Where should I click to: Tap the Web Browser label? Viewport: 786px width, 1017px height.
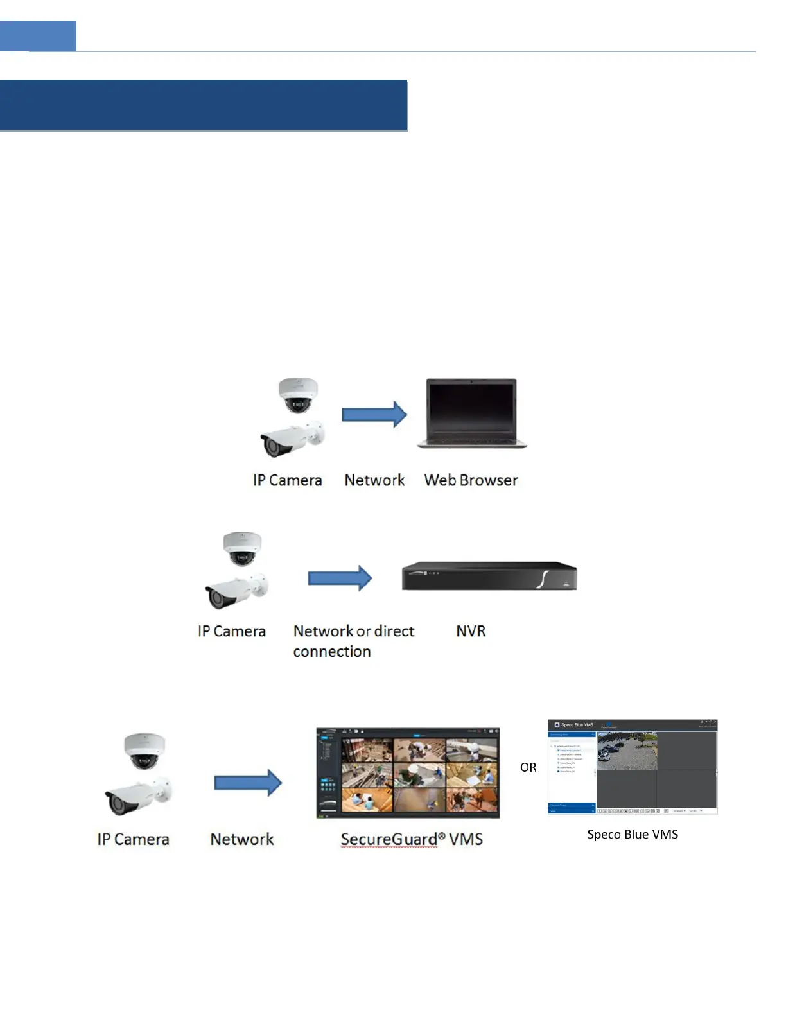coord(471,480)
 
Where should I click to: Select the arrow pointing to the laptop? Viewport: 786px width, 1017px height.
coord(374,415)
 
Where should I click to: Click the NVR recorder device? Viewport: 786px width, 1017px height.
coord(489,576)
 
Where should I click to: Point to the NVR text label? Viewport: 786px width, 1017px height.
coord(471,631)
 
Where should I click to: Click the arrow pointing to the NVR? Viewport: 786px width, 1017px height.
coord(340,578)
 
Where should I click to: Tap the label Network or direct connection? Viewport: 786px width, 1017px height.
coord(353,641)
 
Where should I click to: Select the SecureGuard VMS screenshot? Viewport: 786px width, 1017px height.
coord(408,773)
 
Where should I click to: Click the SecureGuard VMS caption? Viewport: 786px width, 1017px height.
coord(412,839)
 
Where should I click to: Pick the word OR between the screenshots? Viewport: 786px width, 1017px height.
coord(528,767)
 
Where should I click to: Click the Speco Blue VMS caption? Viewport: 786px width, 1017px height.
coord(633,834)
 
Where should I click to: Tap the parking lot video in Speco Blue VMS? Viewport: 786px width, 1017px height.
coord(627,751)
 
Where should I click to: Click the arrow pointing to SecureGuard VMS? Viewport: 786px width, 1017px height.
coord(248,783)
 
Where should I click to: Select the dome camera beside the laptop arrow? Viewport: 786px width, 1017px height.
coord(298,394)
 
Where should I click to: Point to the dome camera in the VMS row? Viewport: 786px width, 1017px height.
coord(144,751)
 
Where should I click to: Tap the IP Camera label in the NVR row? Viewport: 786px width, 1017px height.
coord(232,631)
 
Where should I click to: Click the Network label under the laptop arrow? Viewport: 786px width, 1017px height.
coord(374,480)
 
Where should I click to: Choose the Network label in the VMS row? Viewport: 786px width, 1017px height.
coord(242,839)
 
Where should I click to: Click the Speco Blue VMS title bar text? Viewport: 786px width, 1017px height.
coord(577,725)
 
